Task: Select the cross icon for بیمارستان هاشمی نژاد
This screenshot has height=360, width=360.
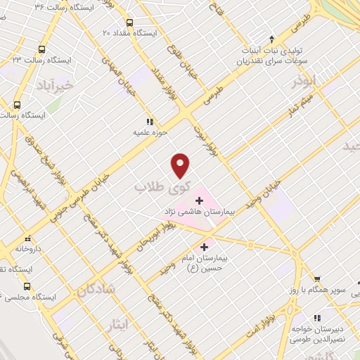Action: (x=199, y=200)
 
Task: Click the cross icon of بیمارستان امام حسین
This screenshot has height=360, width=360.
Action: (x=205, y=247)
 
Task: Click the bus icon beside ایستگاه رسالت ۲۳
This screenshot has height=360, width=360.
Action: (x=42, y=50)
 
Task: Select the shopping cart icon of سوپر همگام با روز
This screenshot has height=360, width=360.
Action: (x=317, y=278)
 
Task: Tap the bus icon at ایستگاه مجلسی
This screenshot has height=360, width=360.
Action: (x=27, y=286)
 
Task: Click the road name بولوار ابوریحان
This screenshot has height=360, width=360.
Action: (x=178, y=219)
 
